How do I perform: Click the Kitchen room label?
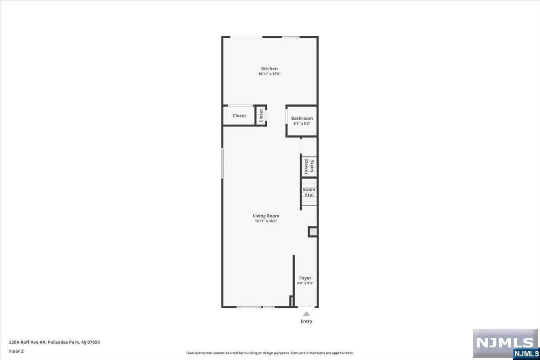[269, 69]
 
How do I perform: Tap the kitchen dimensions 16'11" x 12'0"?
[269, 74]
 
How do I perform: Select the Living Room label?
[266, 216]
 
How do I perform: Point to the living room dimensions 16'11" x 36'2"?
[266, 221]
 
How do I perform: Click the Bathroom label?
[302, 118]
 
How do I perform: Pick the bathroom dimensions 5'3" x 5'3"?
[302, 123]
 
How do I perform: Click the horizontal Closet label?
[239, 116]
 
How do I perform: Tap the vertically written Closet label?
[261, 116]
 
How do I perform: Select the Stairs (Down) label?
[309, 166]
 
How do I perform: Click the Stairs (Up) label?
[309, 192]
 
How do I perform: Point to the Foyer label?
[305, 278]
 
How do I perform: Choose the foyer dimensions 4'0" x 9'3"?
[305, 283]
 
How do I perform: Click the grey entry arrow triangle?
[306, 314]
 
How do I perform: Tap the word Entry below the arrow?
[306, 321]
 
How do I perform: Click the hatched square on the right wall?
[313, 232]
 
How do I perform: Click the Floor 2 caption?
[16, 351]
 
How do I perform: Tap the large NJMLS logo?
[505, 343]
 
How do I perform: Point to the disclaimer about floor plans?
[270, 353]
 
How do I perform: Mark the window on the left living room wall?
[222, 163]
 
